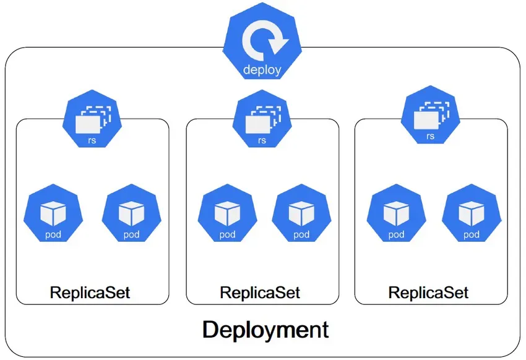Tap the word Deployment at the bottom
tap(265, 329)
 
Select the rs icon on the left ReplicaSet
tap(92, 121)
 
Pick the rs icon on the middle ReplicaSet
tap(262, 121)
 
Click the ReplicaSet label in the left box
tap(90, 292)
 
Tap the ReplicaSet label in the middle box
tap(261, 292)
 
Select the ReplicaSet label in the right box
tap(428, 292)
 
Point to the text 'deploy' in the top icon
tap(262, 69)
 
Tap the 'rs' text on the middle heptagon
tap(262, 140)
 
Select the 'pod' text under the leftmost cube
tap(53, 234)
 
